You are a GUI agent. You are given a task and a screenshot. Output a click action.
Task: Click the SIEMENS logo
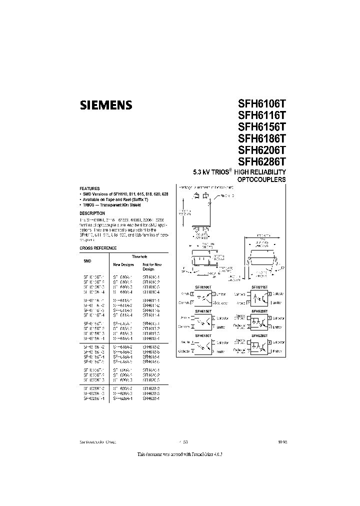pyautogui.click(x=106, y=105)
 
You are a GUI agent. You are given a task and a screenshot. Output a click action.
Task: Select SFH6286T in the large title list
pyautogui.click(x=261, y=161)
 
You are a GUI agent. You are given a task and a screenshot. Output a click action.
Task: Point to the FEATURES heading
pyautogui.click(x=90, y=188)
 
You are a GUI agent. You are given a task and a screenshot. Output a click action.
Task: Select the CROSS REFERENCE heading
pyautogui.click(x=98, y=248)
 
